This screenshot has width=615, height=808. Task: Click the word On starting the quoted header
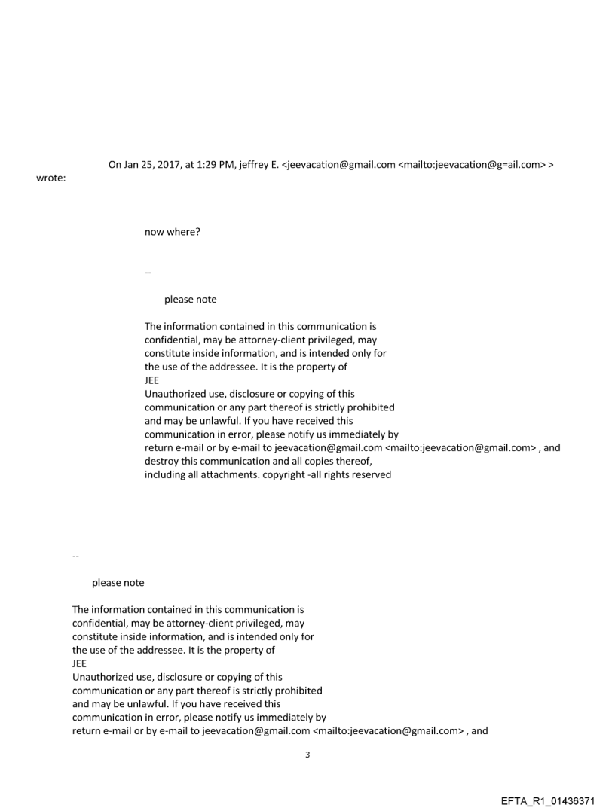click(x=116, y=165)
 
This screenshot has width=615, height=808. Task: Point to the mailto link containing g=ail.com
click(x=471, y=165)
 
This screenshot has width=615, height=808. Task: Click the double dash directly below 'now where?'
click(x=148, y=269)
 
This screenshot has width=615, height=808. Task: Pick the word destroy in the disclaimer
click(x=163, y=461)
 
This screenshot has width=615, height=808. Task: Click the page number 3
click(x=307, y=755)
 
